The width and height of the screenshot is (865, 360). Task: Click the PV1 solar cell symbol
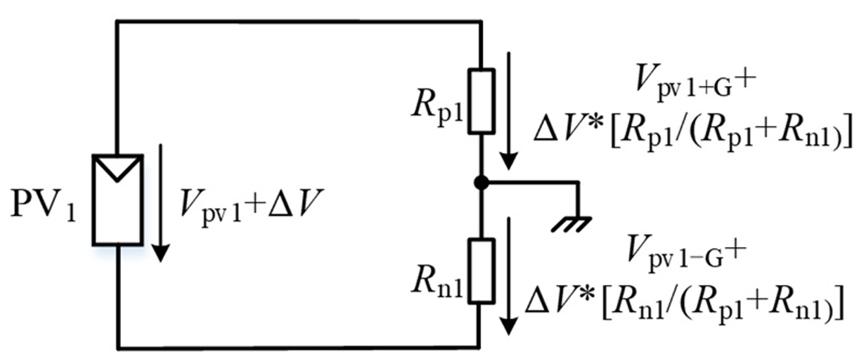pos(118,199)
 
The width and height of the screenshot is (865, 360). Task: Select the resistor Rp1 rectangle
pos(481,102)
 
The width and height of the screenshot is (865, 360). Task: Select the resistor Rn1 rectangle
pos(481,271)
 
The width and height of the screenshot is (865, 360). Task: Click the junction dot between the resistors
pos(481,182)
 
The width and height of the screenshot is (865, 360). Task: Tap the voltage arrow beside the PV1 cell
pos(161,209)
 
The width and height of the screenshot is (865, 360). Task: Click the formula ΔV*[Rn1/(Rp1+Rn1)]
pos(684,301)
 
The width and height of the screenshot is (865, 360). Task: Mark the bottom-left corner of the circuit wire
pos(118,347)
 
